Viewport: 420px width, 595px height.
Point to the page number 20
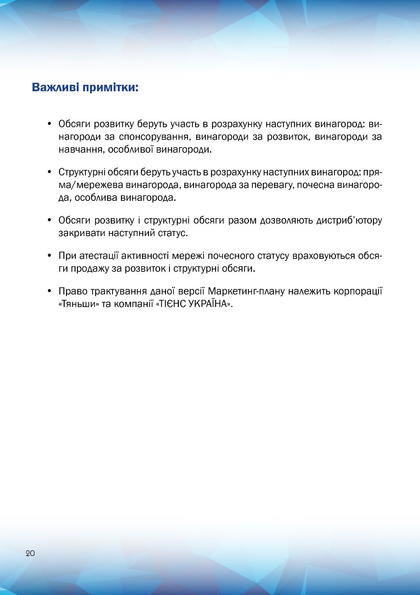click(30, 553)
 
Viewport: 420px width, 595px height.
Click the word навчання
click(81, 150)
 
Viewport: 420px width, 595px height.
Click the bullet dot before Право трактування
click(49, 291)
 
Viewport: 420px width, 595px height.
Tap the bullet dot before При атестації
click(49, 255)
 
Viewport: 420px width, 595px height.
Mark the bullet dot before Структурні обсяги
click(49, 172)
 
